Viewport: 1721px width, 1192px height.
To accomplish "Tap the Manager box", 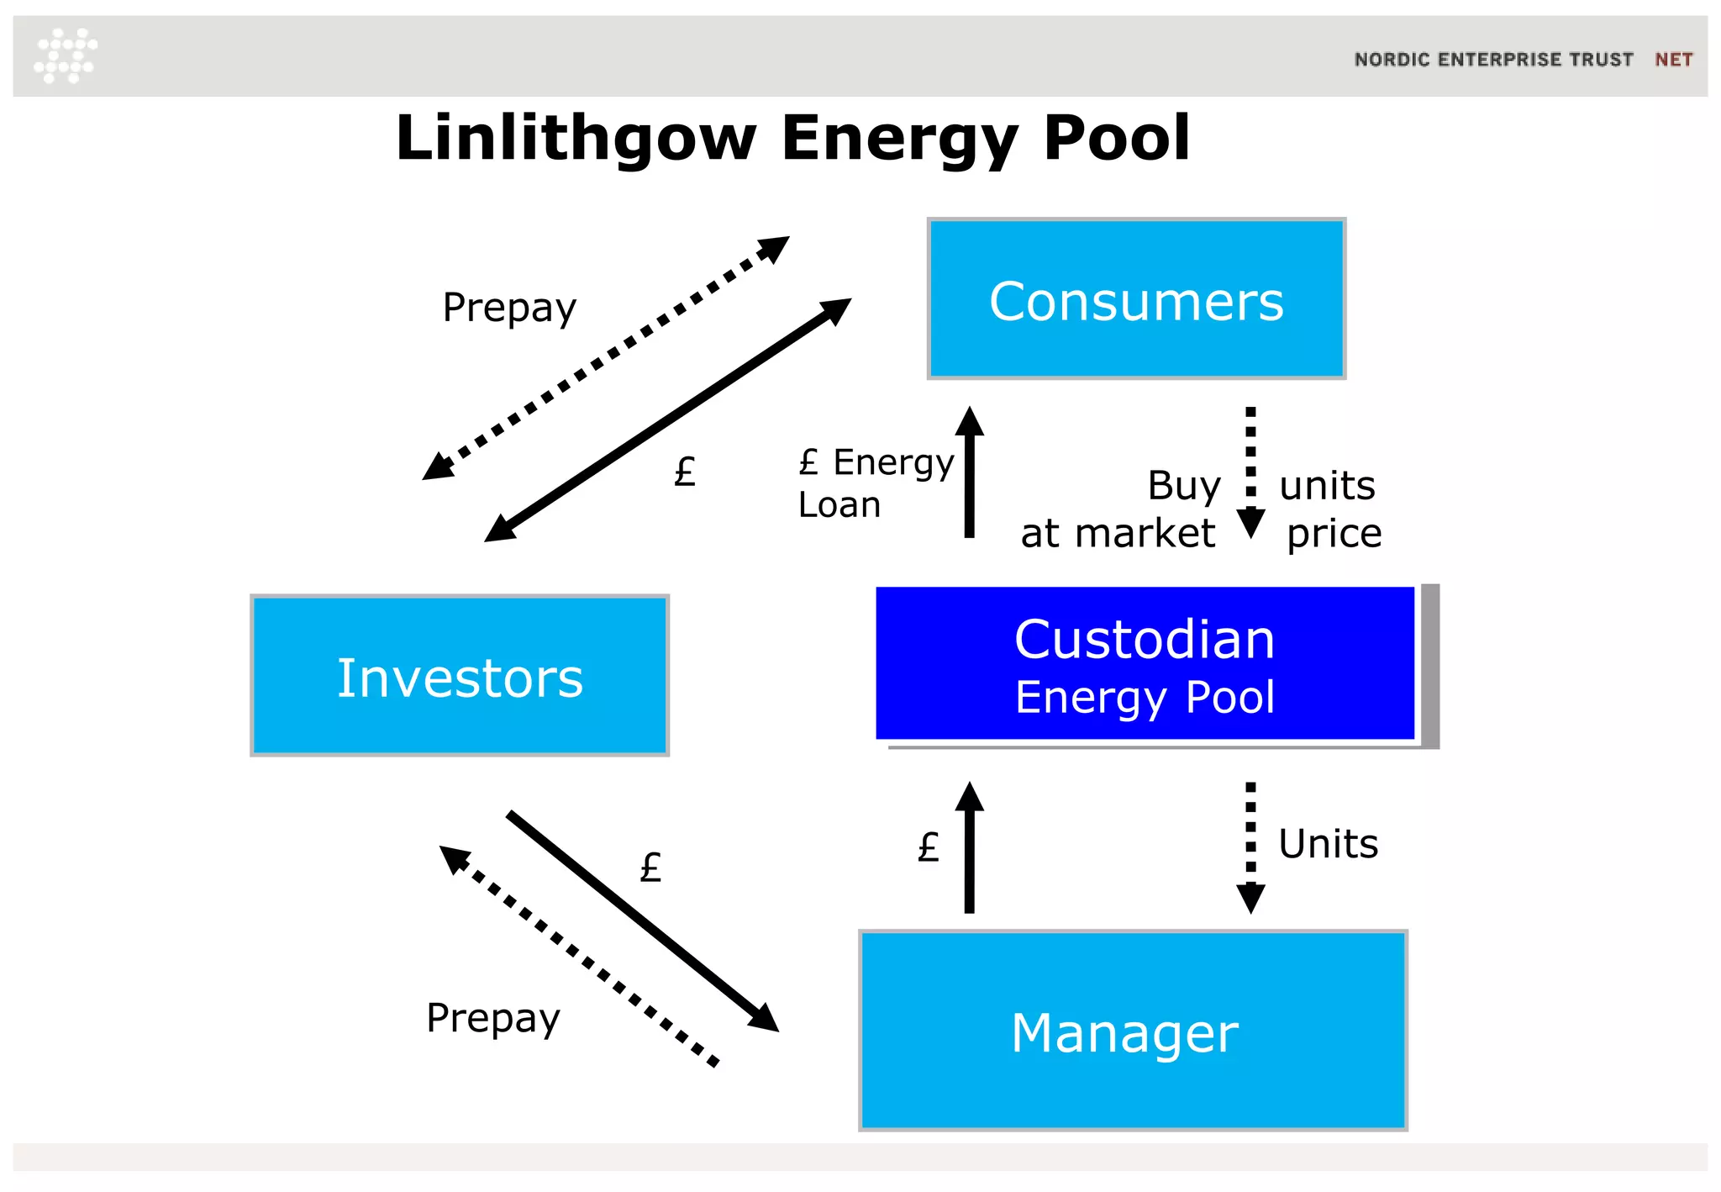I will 1133,1031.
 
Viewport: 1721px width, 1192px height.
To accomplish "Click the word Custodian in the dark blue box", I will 1145,639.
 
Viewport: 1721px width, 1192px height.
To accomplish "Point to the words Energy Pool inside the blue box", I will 1145,698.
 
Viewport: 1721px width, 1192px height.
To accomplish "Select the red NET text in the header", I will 1673,60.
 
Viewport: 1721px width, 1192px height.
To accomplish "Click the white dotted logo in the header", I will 66,55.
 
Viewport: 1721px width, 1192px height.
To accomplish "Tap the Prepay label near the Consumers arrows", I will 509,308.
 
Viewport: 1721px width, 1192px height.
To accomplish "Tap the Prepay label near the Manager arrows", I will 493,1018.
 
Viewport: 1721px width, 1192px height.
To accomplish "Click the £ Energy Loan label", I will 874,483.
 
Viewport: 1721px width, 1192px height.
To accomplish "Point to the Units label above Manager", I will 1328,844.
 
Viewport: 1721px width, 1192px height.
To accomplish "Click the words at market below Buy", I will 1118,533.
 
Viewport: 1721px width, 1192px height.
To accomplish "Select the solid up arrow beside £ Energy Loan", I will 970,472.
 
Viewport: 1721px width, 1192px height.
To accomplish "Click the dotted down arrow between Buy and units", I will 1250,472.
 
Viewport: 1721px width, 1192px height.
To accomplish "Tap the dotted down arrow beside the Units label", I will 1250,847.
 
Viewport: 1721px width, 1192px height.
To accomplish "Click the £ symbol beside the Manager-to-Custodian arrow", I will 928,847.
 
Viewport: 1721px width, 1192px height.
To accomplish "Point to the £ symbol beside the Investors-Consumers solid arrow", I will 685,472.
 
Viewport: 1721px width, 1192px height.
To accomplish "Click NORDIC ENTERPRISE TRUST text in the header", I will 1493,60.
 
